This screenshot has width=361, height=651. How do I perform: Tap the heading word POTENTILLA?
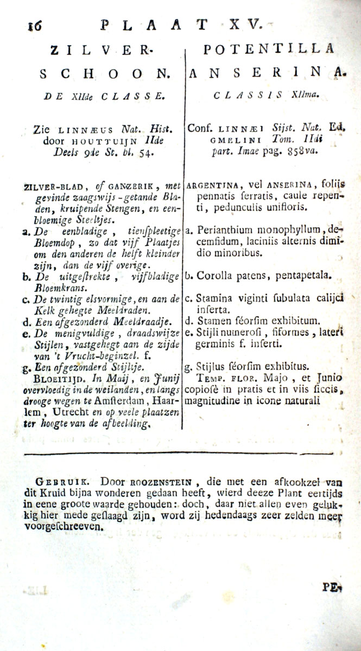pyautogui.click(x=268, y=49)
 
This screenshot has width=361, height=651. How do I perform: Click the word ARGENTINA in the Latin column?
pyautogui.click(x=212, y=186)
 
